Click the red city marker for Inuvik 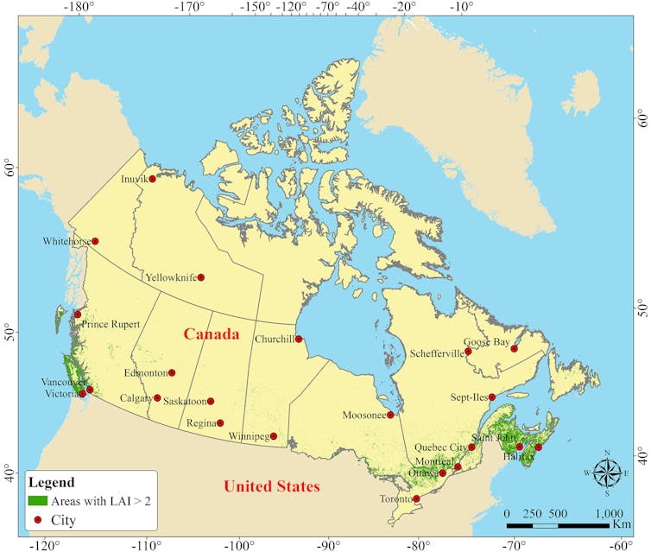point(153,179)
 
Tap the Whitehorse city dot point(95,241)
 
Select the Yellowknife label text point(170,277)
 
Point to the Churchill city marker point(299,339)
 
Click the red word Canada point(211,333)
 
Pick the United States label point(271,486)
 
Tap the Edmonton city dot point(172,372)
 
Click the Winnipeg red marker point(274,436)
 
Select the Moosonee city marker point(390,415)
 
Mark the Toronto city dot point(416,498)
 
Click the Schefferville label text point(436,352)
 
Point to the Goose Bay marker point(514,348)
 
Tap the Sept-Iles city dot point(492,397)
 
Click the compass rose point(607,472)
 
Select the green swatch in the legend point(38,500)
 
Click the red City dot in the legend point(38,520)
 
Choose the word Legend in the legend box point(51,482)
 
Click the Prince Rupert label point(111,325)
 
